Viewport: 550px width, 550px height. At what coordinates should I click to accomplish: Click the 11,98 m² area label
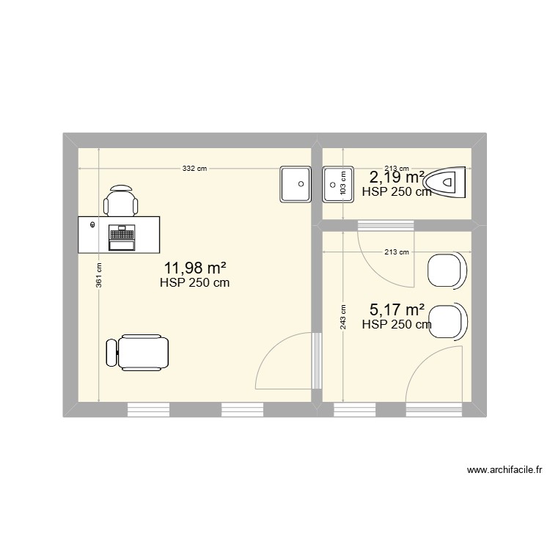point(194,268)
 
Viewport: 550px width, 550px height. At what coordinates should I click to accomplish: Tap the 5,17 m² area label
point(397,312)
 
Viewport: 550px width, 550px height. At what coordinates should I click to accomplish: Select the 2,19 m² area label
point(397,177)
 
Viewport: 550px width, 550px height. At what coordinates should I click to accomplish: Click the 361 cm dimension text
point(98,276)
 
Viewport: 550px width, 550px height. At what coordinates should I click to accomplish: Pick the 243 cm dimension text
point(343,317)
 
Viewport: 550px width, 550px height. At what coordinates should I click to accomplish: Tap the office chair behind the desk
point(120,199)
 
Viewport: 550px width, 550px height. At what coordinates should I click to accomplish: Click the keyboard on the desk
point(122,235)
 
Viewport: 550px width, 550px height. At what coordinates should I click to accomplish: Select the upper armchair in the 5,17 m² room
point(447,270)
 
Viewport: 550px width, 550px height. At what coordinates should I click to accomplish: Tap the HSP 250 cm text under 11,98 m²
point(194,282)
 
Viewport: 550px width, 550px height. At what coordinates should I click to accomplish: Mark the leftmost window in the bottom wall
point(149,409)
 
